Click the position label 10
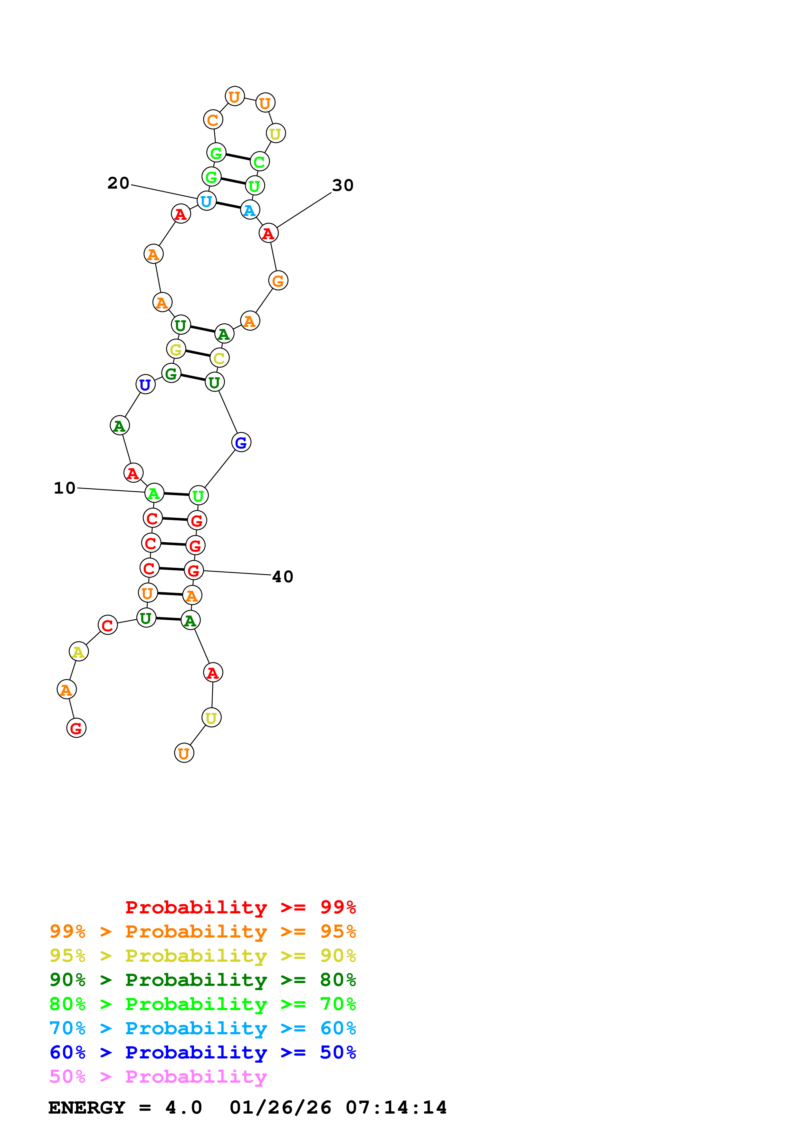click(64, 488)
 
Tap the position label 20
click(118, 183)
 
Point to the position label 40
click(283, 576)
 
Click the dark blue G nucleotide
click(241, 442)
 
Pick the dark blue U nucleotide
click(145, 384)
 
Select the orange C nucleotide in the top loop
click(213, 119)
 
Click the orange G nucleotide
click(278, 281)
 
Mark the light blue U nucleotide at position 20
click(206, 201)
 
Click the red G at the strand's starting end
click(76, 728)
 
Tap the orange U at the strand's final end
click(184, 753)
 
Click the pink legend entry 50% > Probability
click(158, 1076)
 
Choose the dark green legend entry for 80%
click(202, 980)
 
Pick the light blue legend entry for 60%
click(202, 1028)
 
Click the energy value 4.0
click(184, 1107)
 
